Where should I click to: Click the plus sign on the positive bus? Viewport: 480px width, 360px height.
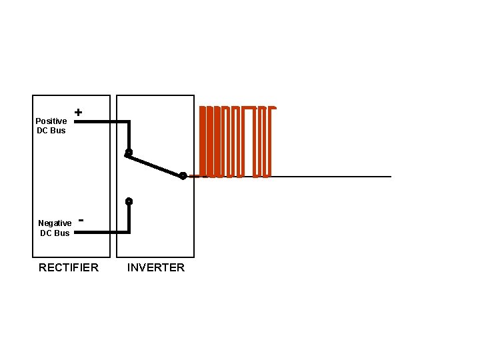click(79, 113)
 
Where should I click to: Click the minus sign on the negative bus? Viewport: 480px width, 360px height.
click(81, 219)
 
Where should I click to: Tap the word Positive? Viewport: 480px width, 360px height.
click(51, 121)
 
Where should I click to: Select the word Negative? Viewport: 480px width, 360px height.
click(55, 223)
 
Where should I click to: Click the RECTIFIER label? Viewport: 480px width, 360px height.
click(69, 267)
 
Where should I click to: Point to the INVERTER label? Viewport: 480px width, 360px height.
click(156, 267)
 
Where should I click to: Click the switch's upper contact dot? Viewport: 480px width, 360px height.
click(129, 153)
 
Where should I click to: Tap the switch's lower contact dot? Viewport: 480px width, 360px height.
click(129, 201)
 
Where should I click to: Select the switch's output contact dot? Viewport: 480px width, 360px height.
click(183, 176)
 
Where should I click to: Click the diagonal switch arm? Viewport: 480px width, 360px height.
click(155, 164)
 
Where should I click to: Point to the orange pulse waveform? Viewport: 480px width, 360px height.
click(237, 141)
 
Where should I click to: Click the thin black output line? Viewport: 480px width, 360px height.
click(333, 177)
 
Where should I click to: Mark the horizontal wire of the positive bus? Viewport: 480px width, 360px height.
click(100, 122)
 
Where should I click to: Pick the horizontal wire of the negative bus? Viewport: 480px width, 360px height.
click(100, 232)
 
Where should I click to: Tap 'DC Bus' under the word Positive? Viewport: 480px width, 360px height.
click(51, 130)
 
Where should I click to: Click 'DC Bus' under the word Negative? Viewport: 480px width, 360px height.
click(55, 233)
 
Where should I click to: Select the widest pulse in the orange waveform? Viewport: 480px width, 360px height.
click(249, 141)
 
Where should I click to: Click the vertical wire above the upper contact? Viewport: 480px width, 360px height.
click(129, 137)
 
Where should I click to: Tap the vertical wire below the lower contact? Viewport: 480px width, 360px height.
click(129, 217)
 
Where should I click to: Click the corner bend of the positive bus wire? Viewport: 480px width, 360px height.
click(129, 122)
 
